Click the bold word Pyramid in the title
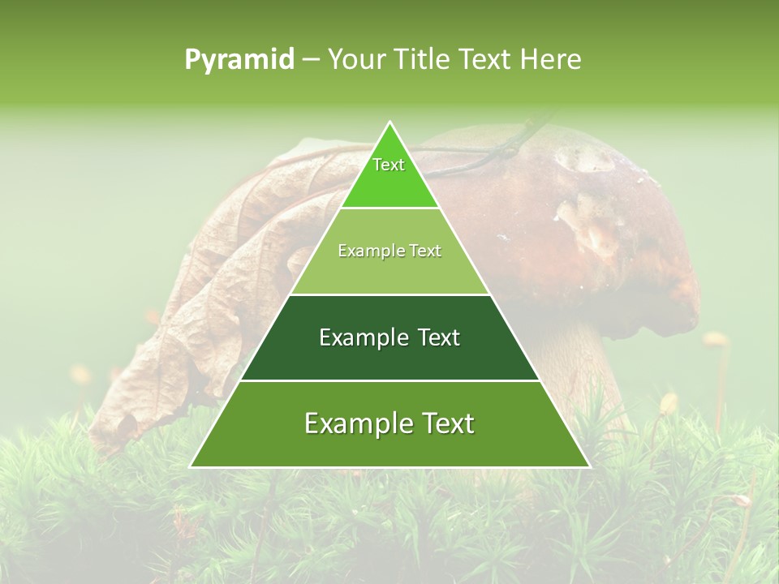[x=239, y=59]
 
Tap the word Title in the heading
[x=424, y=59]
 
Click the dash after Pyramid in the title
[x=311, y=60]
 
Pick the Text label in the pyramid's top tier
[x=389, y=165]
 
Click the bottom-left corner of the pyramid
[x=191, y=467]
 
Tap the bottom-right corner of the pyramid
[x=589, y=467]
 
